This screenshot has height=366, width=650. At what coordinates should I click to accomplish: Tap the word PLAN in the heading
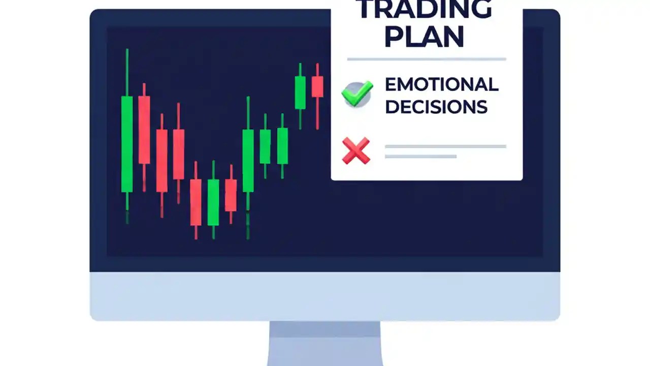coord(425,37)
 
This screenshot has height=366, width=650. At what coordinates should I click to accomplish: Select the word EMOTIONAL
coord(441,85)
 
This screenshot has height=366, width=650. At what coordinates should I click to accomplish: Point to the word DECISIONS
coord(436,107)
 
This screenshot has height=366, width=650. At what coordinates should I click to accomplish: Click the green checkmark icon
coord(357,94)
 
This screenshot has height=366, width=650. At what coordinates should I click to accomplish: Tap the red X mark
coord(356,150)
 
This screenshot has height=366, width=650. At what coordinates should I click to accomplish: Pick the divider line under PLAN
coord(427,59)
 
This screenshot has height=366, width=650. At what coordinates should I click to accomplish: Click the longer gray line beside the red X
coord(445,146)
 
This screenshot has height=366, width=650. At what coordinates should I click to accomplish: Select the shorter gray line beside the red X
coord(420,156)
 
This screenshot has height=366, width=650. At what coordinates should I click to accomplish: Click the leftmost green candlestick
coord(127,144)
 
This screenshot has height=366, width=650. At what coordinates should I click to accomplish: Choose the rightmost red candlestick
coord(317,86)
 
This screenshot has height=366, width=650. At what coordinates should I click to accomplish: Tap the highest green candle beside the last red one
coord(300,93)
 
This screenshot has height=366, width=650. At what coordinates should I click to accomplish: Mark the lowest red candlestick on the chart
coord(196,202)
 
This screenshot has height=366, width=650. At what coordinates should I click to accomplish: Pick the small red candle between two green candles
coord(231,195)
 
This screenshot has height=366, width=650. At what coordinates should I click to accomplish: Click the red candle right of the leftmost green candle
coord(144,130)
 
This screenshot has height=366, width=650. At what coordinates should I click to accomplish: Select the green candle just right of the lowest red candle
coord(213,202)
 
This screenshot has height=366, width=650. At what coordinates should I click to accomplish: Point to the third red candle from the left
coord(178,154)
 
